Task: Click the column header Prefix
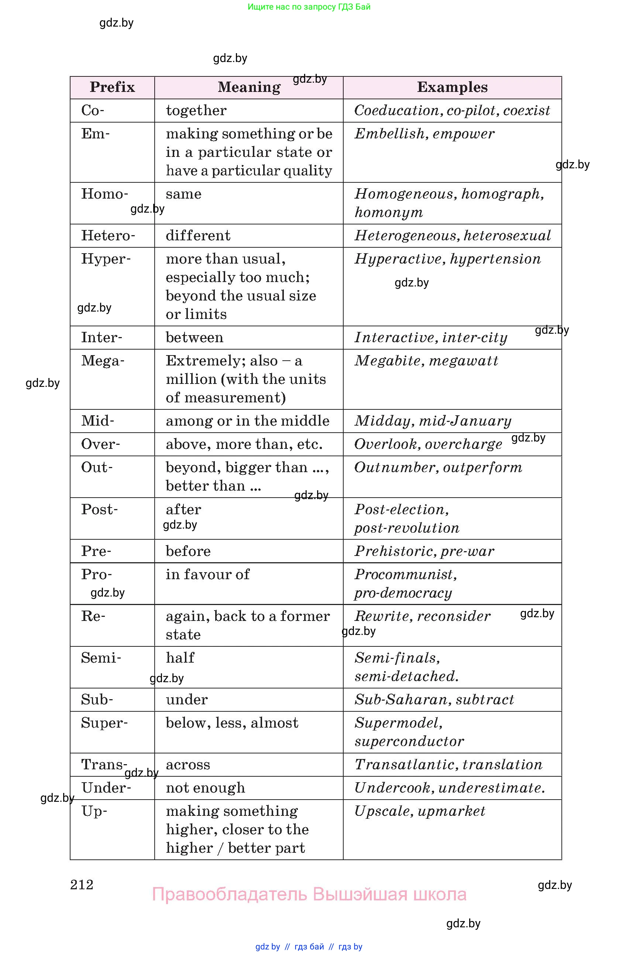click(112, 87)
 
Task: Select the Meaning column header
click(249, 87)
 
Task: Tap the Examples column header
click(452, 87)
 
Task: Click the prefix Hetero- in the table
click(108, 236)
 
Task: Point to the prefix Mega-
click(103, 361)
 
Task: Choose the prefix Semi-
click(101, 658)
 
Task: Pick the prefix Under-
click(106, 788)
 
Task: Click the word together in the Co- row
click(196, 110)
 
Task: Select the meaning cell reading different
click(198, 236)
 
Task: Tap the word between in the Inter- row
click(195, 337)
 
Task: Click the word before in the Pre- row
click(188, 551)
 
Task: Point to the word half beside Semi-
click(180, 658)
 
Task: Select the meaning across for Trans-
click(188, 765)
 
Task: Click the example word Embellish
click(389, 134)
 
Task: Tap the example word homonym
click(388, 212)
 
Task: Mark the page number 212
click(82, 885)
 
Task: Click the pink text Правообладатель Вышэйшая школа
click(309, 894)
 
